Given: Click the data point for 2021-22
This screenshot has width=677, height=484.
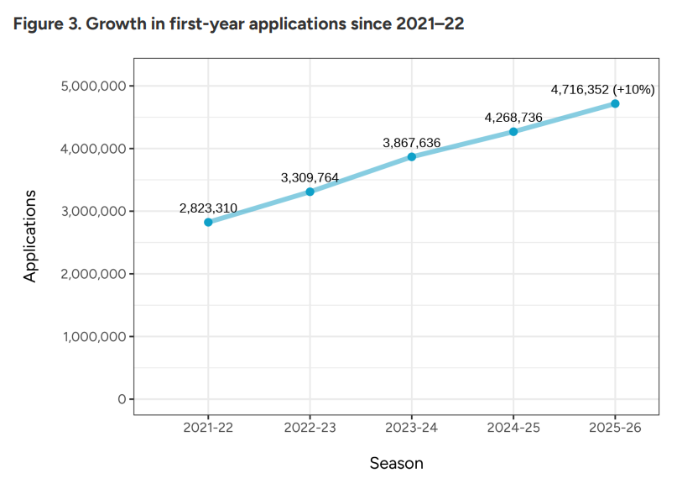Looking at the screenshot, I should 208,222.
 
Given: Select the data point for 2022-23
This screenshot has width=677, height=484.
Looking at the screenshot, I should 310,192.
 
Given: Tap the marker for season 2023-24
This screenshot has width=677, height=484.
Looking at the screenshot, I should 412,156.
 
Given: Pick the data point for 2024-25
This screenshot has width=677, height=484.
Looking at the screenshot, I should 513,131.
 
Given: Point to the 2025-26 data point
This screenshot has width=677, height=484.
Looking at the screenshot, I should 615,103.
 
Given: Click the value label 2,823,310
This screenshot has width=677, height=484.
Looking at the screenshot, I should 208,208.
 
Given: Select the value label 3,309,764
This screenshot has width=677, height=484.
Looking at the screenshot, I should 310,177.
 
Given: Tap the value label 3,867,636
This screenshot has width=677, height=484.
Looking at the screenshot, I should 412,143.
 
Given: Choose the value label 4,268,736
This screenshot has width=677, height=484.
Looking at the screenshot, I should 513,118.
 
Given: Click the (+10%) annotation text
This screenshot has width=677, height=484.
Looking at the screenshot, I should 633,89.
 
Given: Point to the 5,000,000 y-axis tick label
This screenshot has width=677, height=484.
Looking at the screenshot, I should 94,86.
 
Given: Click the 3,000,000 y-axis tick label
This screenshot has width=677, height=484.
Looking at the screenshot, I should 94,211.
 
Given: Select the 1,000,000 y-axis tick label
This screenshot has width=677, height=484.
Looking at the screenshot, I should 94,336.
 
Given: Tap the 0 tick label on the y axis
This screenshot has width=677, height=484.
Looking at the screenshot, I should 122,399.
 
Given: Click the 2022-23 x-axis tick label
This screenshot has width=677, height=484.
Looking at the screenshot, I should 310,428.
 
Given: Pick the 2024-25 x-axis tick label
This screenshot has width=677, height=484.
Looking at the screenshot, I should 513,428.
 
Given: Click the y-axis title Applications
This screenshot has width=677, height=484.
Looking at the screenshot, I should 30,236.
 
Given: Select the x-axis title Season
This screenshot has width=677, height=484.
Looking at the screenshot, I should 396,463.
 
